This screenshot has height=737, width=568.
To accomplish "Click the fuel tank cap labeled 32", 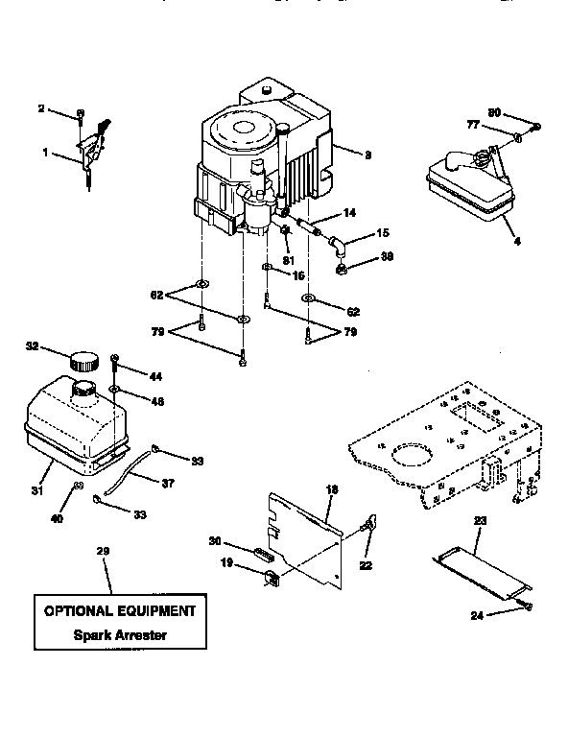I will (x=83, y=360).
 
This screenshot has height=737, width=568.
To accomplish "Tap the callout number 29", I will (x=103, y=551).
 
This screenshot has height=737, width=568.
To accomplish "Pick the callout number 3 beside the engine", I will (x=367, y=154).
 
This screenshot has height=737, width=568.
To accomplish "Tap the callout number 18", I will (x=332, y=490).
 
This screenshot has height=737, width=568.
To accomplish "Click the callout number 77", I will (x=474, y=124).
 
